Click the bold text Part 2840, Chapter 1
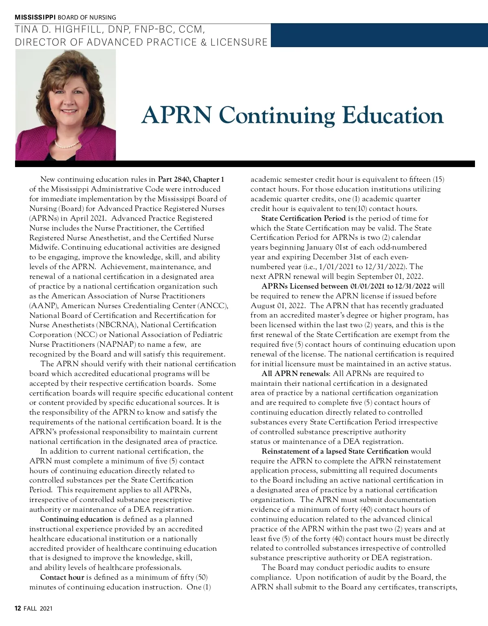coord(191,179)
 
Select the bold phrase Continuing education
coord(76,519)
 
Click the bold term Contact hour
coord(62,577)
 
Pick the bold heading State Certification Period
coord(303,218)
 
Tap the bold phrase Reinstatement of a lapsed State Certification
coord(335,451)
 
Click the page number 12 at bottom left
coord(18,609)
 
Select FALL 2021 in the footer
coord(38,609)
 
